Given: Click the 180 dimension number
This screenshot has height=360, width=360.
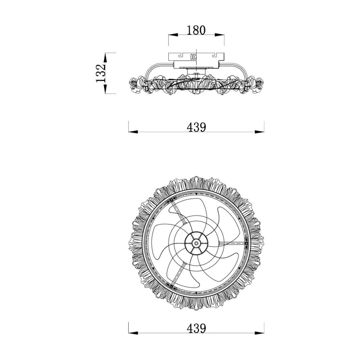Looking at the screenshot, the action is point(196,30).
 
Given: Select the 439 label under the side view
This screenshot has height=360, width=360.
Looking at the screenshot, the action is point(196,127).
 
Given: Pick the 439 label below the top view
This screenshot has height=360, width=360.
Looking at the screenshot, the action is point(196,328).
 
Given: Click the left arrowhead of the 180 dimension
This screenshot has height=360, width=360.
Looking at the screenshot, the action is point(173,35).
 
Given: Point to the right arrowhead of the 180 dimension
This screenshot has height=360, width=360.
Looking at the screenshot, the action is point(219,35).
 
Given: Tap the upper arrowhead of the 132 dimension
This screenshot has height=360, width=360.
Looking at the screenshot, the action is point(105,58).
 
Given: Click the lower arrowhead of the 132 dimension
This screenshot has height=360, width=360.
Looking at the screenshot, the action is point(105,89).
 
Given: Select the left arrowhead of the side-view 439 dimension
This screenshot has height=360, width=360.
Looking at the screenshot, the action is point(133,132).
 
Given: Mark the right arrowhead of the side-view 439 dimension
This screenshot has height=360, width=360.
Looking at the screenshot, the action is point(259,132).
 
